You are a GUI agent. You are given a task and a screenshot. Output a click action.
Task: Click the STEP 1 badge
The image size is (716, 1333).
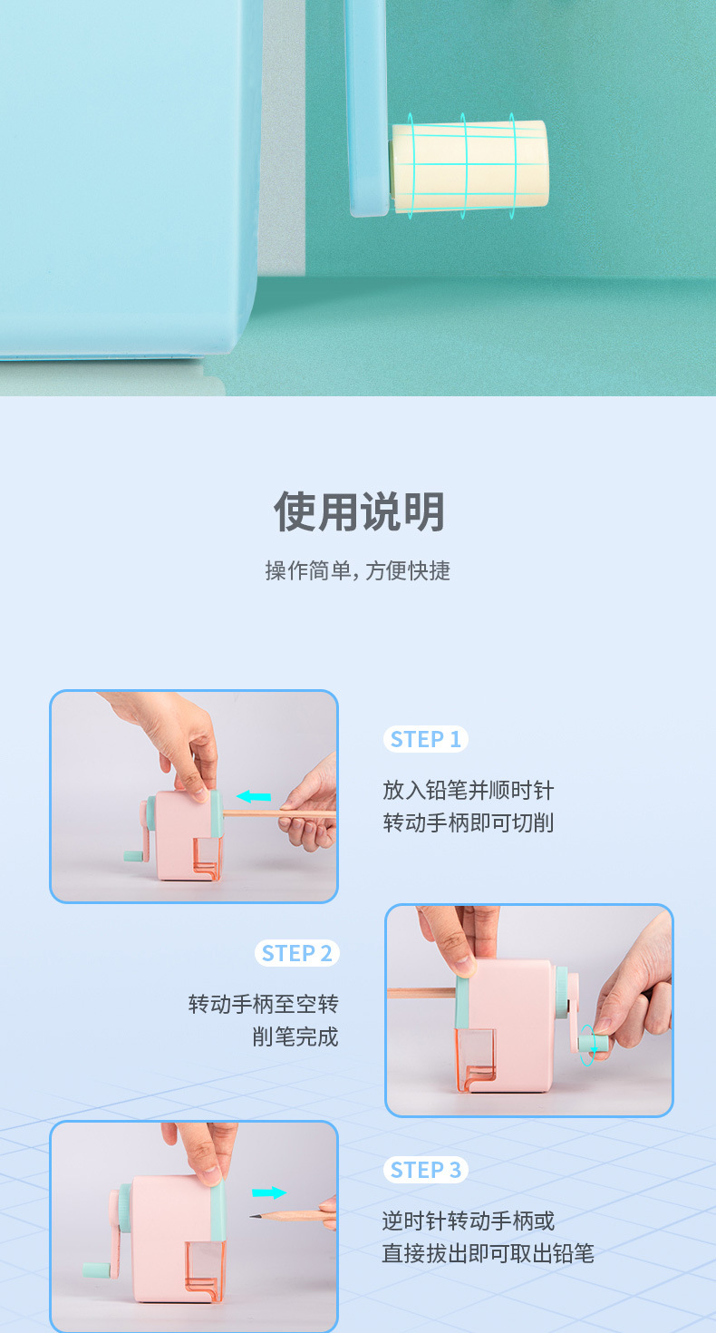click(426, 739)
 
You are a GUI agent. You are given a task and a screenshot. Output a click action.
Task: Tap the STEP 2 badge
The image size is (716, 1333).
click(296, 953)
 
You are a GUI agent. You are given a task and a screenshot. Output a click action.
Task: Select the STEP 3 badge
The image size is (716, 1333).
click(426, 1170)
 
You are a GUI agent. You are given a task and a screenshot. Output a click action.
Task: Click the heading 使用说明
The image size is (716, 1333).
click(359, 511)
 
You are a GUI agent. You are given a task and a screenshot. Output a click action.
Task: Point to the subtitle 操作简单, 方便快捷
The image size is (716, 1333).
click(357, 570)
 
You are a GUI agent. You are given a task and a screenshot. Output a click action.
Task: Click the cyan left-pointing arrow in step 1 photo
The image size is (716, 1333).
click(254, 796)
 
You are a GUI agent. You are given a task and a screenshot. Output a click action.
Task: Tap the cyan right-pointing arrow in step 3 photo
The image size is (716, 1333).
click(269, 1192)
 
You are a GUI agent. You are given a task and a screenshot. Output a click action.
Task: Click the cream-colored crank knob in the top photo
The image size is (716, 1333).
click(469, 165)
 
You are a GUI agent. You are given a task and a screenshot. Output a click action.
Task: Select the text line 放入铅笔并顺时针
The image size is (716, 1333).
click(469, 791)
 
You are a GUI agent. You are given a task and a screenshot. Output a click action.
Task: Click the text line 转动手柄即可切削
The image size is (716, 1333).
click(469, 823)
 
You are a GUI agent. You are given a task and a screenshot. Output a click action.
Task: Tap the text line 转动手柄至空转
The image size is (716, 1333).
click(264, 1005)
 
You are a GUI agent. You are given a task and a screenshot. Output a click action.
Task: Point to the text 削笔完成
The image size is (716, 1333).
click(295, 1036)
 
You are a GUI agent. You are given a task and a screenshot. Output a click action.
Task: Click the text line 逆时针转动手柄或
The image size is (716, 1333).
click(469, 1221)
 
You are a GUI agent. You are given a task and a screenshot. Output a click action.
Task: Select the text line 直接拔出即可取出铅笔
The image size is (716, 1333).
click(489, 1253)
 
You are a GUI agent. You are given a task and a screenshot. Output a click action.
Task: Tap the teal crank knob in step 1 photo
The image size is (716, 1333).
click(133, 856)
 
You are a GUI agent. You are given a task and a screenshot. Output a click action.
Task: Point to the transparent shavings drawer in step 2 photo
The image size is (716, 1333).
click(475, 1060)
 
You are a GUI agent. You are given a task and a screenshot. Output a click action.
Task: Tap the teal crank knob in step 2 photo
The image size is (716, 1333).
click(593, 1043)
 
